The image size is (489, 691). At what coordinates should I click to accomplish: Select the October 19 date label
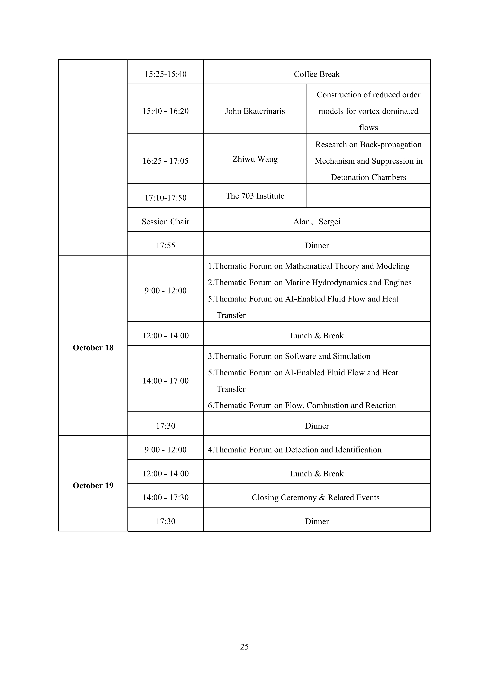[x=93, y=485]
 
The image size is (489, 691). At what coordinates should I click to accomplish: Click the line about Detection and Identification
[x=294, y=450]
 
